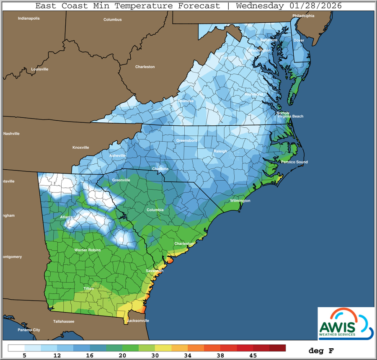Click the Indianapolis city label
click(x=28, y=18)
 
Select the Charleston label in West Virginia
click(x=145, y=67)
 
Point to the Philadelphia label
click(x=303, y=16)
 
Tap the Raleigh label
click(x=220, y=151)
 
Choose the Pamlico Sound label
click(x=294, y=162)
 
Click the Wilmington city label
click(x=240, y=201)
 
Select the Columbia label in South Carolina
click(x=155, y=210)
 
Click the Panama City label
click(x=29, y=330)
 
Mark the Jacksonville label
click(x=137, y=321)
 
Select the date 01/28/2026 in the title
click(x=315, y=6)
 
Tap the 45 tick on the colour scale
click(x=253, y=356)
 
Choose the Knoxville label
click(x=81, y=148)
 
